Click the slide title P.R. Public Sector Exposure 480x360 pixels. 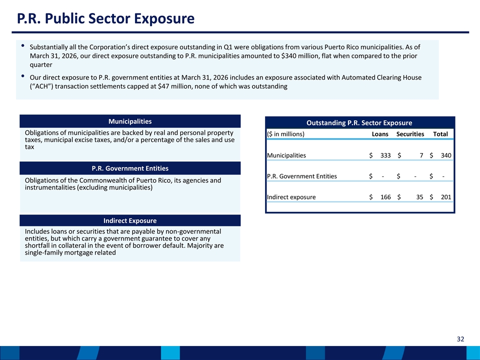coord(105,18)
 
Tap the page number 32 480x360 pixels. coord(460,339)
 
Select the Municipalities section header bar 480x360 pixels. coord(130,121)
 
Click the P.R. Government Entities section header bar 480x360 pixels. coord(130,168)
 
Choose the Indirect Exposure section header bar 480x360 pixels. coord(130,220)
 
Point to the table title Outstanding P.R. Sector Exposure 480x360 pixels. coord(359,123)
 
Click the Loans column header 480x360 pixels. coord(380,134)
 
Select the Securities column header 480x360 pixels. coord(410,134)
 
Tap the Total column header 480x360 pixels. coord(440,134)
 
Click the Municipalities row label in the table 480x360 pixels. coord(286,155)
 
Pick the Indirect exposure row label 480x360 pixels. coord(291,197)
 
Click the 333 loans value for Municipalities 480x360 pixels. coord(385,155)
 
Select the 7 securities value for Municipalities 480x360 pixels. coord(421,155)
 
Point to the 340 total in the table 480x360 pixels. coord(446,155)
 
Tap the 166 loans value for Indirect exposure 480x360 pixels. coord(385,197)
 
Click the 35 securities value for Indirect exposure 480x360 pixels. coord(419,197)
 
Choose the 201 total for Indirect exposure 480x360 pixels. coord(446,197)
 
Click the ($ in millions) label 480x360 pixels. coord(285,134)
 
